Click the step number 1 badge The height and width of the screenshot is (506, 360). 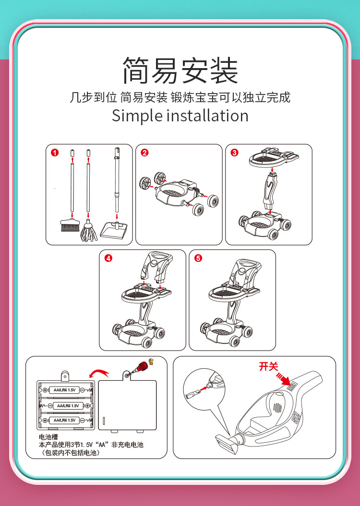coord(55,153)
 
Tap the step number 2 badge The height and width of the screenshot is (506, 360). coord(144,153)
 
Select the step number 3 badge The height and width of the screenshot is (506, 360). coord(234,153)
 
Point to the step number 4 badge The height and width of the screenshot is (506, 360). coord(108,258)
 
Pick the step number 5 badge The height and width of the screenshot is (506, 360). coord(198,258)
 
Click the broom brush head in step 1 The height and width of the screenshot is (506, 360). coord(70,225)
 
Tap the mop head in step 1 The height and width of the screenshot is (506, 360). coord(89,231)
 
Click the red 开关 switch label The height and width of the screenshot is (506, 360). coord(268,366)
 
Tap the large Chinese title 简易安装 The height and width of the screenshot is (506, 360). coord(180,71)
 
